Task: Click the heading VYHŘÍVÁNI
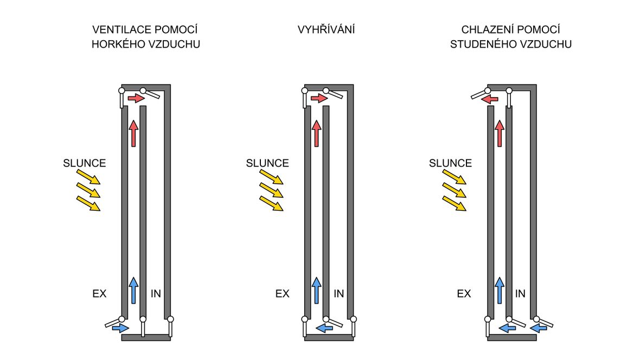click(326, 29)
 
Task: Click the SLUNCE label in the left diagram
click(85, 163)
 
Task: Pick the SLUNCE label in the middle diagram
click(267, 163)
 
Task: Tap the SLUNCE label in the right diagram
click(450, 163)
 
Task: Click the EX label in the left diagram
click(99, 293)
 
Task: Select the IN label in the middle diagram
click(339, 293)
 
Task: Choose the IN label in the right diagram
click(520, 293)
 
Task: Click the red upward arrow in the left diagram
click(133, 133)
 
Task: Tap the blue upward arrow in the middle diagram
click(316, 290)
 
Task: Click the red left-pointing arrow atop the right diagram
click(489, 99)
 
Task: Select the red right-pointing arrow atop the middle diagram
click(319, 98)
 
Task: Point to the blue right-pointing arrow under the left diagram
click(120, 328)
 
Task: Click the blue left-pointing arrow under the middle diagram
click(324, 328)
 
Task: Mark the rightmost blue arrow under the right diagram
click(539, 328)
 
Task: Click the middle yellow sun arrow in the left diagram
click(88, 190)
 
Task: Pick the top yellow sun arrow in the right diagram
click(455, 177)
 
